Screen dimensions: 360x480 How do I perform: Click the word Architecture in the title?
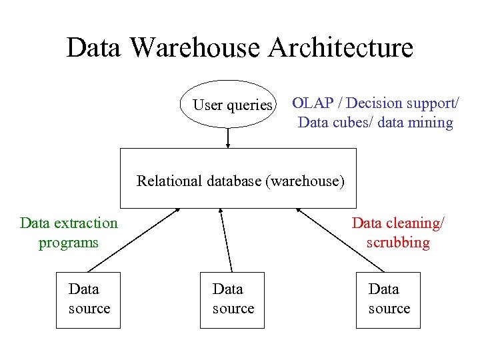[341, 48]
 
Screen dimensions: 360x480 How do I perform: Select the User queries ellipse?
[229, 105]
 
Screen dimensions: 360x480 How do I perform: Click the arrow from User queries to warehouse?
[229, 137]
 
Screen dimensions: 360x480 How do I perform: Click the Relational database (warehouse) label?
[240, 181]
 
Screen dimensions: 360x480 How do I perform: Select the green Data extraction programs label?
[69, 233]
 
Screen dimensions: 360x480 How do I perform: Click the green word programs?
[69, 243]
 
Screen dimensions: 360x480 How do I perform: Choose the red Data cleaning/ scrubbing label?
[398, 233]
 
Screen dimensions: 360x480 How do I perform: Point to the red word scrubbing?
[398, 243]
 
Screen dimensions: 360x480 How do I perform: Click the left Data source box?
[88, 300]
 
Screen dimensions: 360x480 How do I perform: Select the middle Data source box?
[232, 300]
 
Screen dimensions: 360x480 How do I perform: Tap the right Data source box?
[388, 300]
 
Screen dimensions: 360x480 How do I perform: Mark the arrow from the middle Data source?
[226, 240]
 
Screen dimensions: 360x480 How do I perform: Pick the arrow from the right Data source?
[340, 240]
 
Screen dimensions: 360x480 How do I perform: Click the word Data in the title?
[93, 48]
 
